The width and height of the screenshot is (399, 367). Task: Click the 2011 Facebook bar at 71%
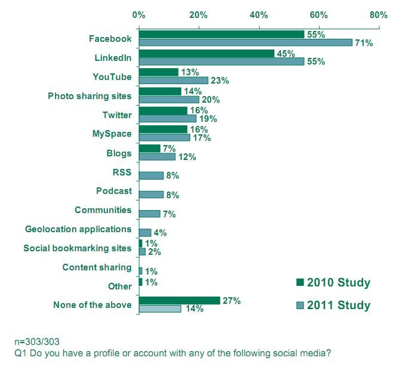[x=246, y=42]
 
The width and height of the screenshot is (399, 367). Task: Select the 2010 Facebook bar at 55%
[x=221, y=35]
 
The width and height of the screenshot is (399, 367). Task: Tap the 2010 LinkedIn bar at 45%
[x=206, y=53]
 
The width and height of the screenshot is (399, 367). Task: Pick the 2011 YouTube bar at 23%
[x=174, y=80]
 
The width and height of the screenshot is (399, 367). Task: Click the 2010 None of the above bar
[x=180, y=301]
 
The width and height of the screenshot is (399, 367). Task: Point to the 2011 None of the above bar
[x=160, y=309]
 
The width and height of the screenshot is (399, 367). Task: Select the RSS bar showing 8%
[x=151, y=175]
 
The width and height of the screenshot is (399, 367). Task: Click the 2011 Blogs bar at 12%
[x=157, y=156]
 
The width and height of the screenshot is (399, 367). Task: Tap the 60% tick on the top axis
[x=318, y=14]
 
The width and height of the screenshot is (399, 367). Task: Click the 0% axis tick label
[x=139, y=14]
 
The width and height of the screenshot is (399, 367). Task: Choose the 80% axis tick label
[x=378, y=14]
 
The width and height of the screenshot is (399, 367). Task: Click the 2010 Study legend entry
[x=333, y=282]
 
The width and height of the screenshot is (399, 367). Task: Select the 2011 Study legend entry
[x=333, y=306]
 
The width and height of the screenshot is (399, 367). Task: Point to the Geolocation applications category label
[x=78, y=229]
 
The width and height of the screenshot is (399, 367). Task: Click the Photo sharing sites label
[x=89, y=95]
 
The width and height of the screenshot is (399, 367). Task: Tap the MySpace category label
[x=112, y=134]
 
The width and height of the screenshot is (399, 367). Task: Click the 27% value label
[x=231, y=301]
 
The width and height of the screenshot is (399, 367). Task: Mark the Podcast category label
[x=113, y=191]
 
